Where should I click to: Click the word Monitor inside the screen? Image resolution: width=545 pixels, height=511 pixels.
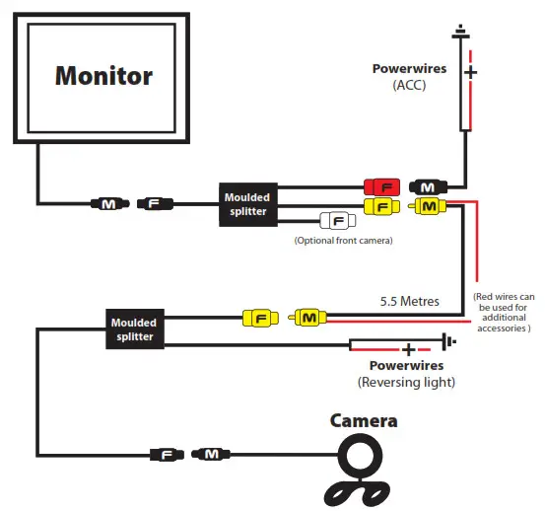pyautogui.click(x=103, y=75)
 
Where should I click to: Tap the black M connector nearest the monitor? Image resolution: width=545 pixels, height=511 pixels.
pyautogui.click(x=106, y=204)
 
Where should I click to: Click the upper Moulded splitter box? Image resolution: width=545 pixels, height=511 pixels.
pyautogui.click(x=245, y=204)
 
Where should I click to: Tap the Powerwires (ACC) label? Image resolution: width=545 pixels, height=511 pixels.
pyautogui.click(x=410, y=77)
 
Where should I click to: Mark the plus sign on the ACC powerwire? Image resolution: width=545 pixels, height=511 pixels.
pyautogui.click(x=470, y=72)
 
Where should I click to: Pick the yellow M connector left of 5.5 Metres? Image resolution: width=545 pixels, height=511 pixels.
pyautogui.click(x=307, y=318)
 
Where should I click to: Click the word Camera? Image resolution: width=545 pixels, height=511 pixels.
pyautogui.click(x=364, y=421)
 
